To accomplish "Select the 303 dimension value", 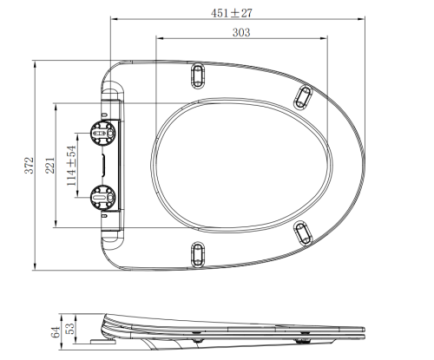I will [242, 32].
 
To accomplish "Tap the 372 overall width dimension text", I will [29, 164].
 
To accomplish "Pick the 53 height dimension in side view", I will [70, 331].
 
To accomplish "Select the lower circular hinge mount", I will [102, 197].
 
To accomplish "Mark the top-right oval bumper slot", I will [303, 95].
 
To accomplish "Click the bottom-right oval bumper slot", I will [303, 232].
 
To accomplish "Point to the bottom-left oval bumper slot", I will [199, 254].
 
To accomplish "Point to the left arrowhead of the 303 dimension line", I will [157, 39].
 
